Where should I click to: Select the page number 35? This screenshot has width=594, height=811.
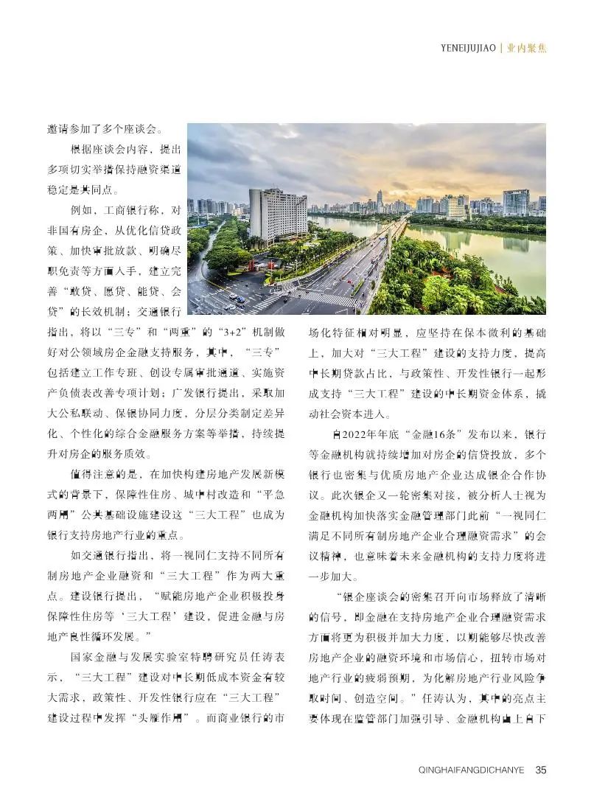pyautogui.click(x=540, y=770)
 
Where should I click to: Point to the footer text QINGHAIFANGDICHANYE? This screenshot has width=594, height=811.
pyautogui.click(x=471, y=770)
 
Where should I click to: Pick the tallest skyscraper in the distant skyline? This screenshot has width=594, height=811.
pyautogui.click(x=380, y=198)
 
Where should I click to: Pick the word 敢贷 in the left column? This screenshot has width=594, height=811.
pyautogui.click(x=81, y=290)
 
